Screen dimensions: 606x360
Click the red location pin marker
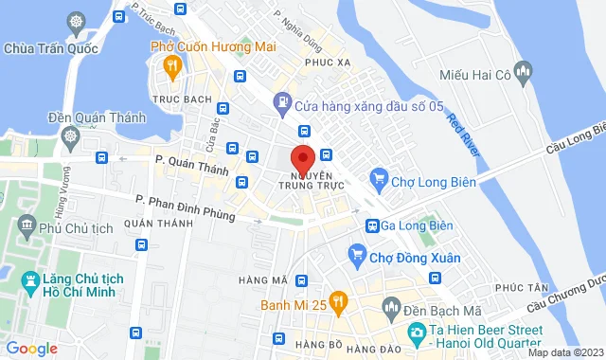point(302,157)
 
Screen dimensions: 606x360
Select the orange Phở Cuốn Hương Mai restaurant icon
point(171,65)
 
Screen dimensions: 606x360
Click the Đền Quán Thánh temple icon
point(72,137)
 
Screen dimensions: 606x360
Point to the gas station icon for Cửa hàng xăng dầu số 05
point(281,101)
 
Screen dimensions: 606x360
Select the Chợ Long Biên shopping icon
point(379,176)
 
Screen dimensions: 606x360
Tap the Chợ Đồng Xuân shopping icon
point(357,253)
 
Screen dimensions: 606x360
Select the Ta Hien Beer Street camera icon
point(416,332)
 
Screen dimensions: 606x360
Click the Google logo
point(31,348)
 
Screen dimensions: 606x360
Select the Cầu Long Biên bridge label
point(574,140)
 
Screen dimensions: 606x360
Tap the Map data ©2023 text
point(563,352)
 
